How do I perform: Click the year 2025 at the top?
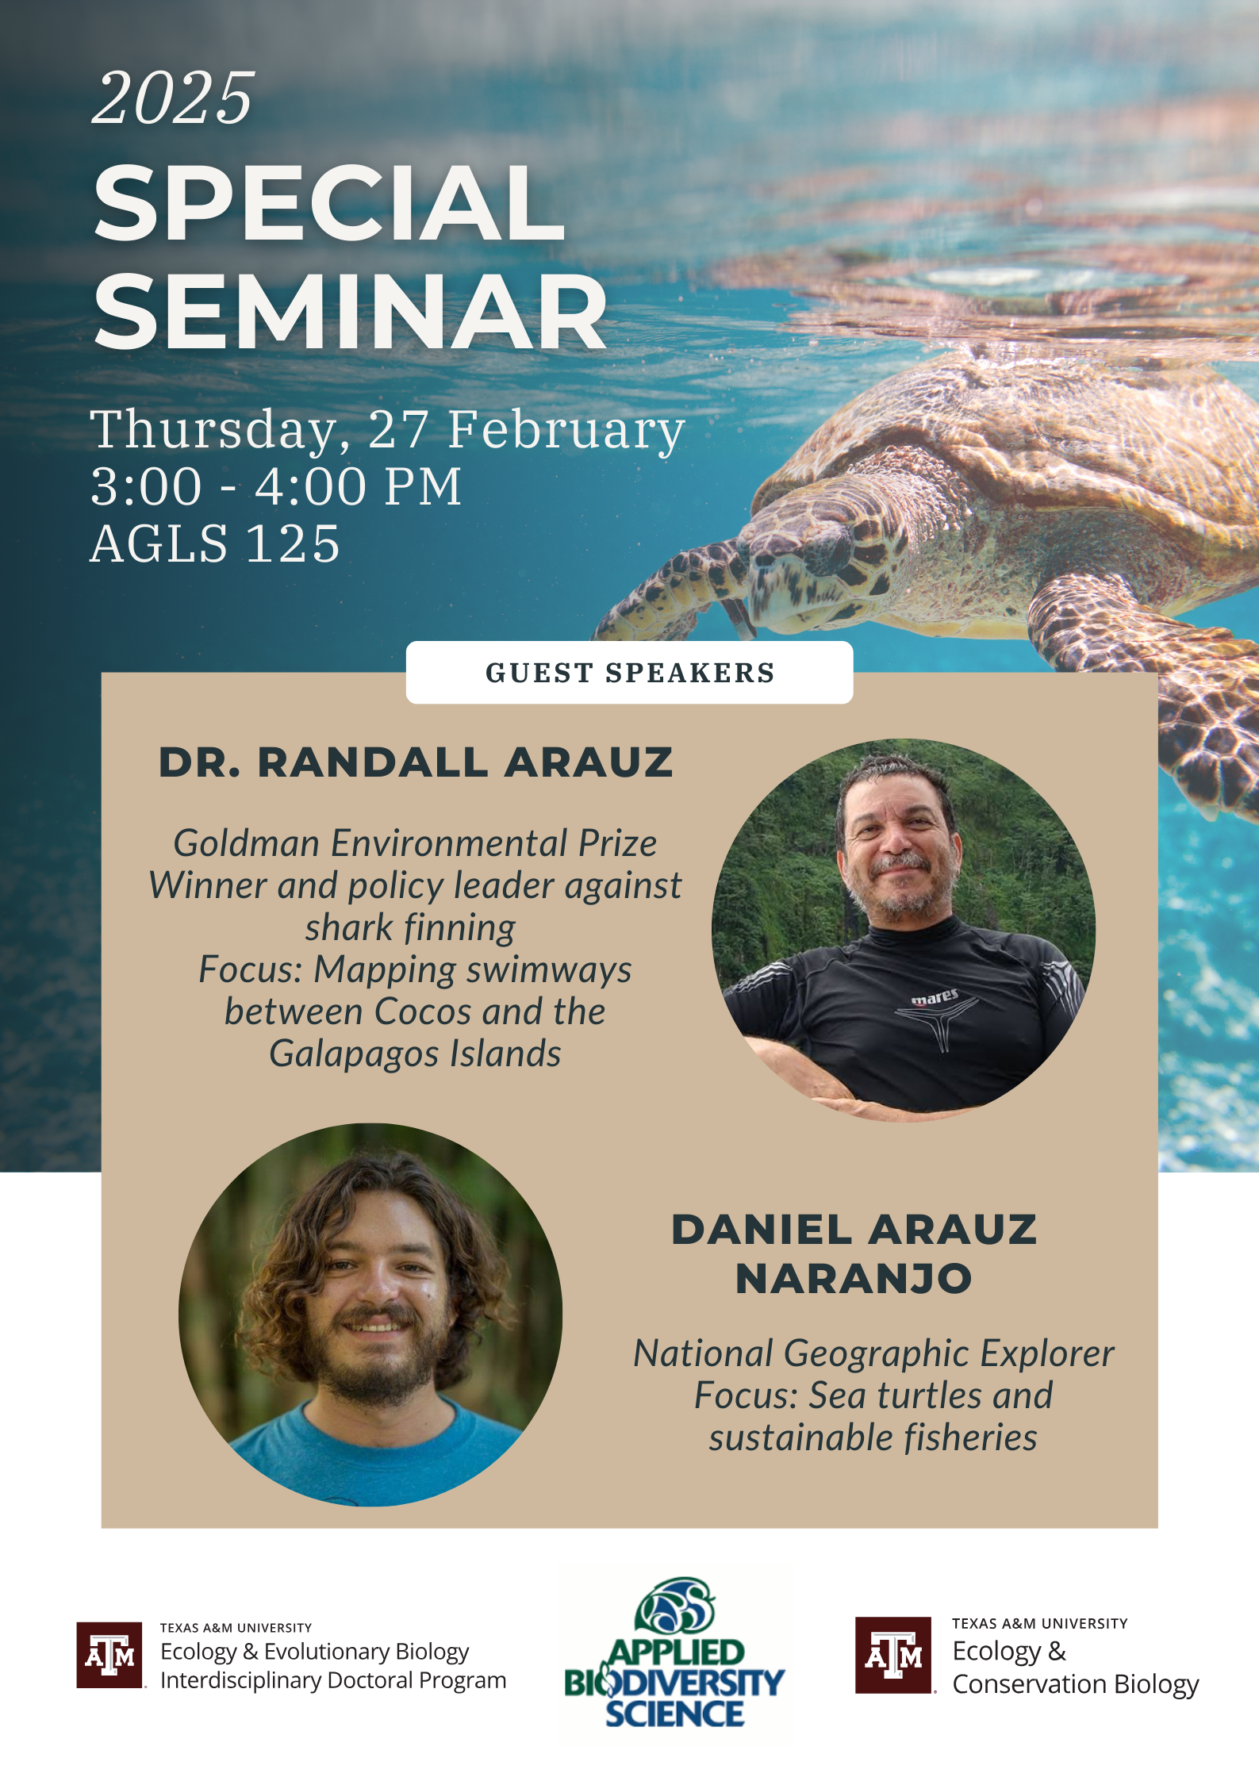click(173, 98)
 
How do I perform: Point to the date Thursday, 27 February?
click(387, 430)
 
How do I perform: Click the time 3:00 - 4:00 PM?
click(276, 486)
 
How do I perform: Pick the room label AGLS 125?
click(215, 544)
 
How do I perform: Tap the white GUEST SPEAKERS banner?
click(629, 673)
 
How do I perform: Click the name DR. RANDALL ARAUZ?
click(416, 762)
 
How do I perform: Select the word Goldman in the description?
click(247, 843)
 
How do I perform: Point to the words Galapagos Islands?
click(415, 1054)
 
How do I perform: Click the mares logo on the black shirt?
click(935, 997)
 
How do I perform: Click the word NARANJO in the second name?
click(854, 1279)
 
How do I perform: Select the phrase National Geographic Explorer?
click(873, 1353)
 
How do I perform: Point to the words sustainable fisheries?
click(873, 1437)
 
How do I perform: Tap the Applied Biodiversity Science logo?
click(674, 1653)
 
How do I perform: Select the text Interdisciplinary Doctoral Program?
click(333, 1681)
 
